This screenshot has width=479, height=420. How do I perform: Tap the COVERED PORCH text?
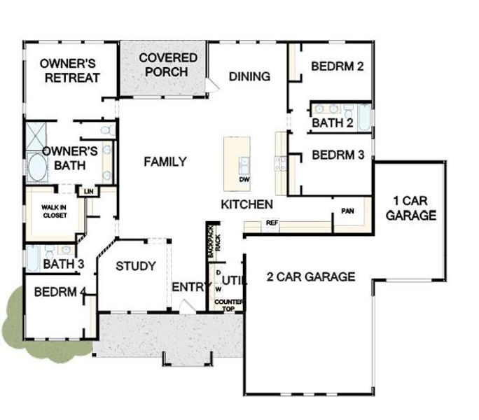point(168,64)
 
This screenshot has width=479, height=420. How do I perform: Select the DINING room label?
point(249,76)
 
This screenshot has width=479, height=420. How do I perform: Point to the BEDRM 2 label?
point(338,67)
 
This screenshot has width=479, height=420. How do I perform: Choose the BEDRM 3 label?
point(338,155)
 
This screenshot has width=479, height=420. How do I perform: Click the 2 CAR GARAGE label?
point(311,276)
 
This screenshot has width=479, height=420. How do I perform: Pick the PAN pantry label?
point(347,211)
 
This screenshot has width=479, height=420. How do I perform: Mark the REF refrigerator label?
point(272,223)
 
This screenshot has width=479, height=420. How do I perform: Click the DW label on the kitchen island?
point(244,179)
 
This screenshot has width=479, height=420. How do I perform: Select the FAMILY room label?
point(165,162)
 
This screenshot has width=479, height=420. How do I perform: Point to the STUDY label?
point(135,266)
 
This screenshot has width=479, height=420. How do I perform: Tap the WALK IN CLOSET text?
point(53,211)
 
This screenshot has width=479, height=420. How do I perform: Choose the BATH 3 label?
point(63,264)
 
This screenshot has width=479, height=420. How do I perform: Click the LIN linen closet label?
point(88,191)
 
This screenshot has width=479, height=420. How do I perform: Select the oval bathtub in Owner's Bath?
point(36,169)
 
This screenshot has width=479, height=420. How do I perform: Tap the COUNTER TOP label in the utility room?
point(228,305)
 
